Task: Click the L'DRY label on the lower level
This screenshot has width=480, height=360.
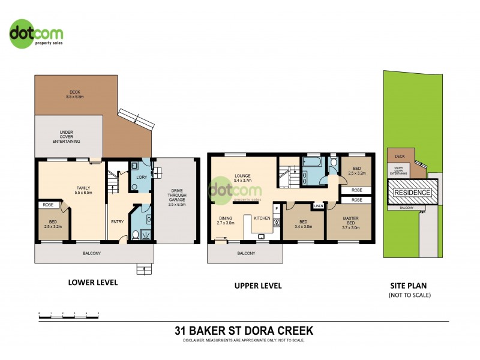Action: pos(142,178)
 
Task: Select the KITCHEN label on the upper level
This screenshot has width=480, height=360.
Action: pos(262,217)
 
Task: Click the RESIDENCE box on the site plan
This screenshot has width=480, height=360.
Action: pos(412,193)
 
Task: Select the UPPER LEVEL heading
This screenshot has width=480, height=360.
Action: pos(258,286)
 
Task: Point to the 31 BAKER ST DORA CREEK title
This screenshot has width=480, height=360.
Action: pos(244,331)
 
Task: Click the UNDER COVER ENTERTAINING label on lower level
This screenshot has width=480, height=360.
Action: pos(70,136)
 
